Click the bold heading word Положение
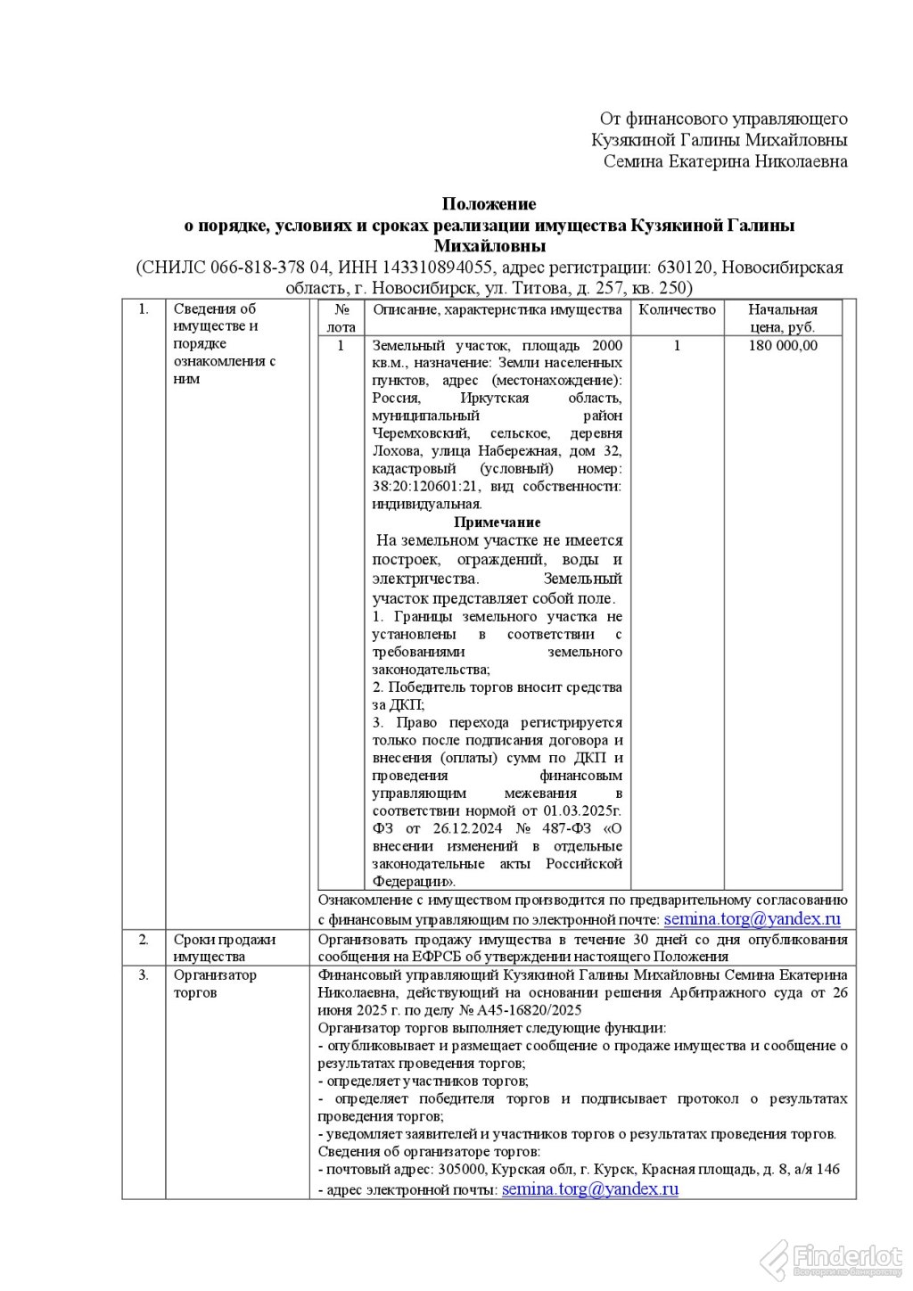point(489,204)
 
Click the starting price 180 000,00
point(783,346)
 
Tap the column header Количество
point(678,309)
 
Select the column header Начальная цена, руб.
point(783,318)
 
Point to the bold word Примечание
point(498,522)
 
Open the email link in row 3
point(590,1189)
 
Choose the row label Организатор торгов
point(214,983)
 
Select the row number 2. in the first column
point(144,939)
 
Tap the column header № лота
point(341,318)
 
